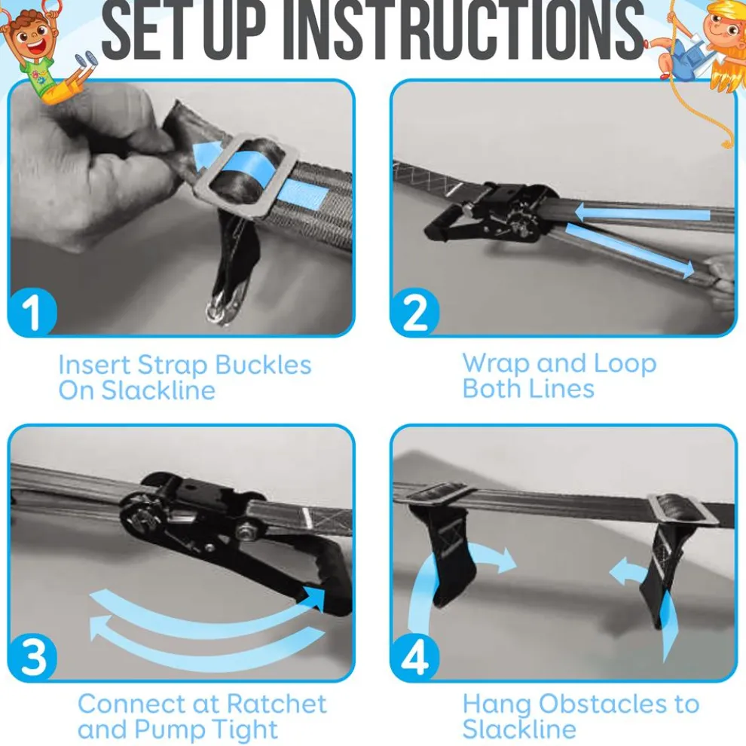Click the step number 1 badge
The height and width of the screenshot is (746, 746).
[x=32, y=312]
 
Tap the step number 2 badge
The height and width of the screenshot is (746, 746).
[x=414, y=312]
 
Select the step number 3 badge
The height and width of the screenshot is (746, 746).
[x=32, y=657]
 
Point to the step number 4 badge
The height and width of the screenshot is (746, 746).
[x=414, y=657]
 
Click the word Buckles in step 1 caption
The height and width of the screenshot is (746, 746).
[x=263, y=365]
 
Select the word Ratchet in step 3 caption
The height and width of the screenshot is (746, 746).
[x=277, y=704]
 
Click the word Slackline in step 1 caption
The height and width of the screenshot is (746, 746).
[x=158, y=390]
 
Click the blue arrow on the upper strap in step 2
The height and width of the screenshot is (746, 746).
[x=642, y=213]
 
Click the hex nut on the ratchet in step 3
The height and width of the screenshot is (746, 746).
[x=246, y=530]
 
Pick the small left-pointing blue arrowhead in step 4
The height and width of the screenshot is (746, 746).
[x=619, y=572]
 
